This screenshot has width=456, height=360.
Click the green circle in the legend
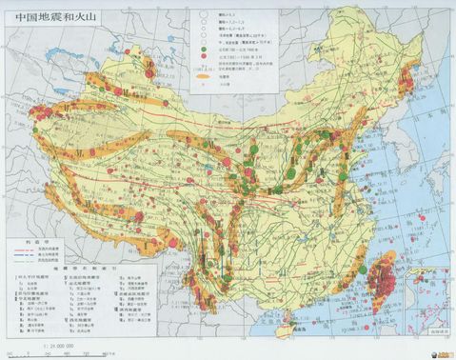point(203,49)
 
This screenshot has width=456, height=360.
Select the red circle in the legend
point(203,56)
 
